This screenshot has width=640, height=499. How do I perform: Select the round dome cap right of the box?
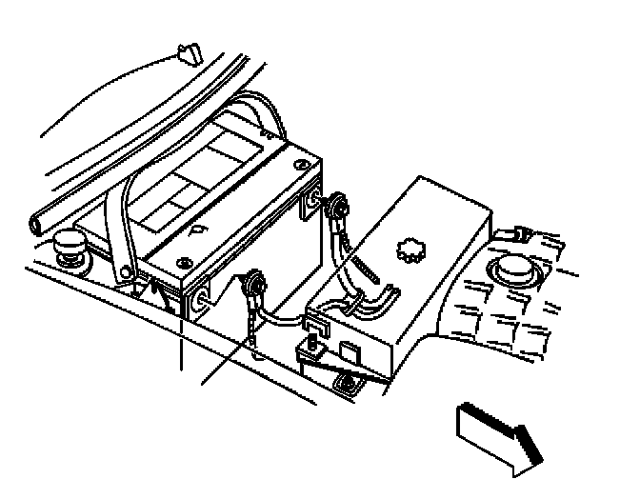click(515, 271)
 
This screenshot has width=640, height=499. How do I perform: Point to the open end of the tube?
click(36, 225)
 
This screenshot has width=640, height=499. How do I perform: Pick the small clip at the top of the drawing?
click(187, 53)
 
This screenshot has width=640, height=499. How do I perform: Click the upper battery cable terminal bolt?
click(336, 204)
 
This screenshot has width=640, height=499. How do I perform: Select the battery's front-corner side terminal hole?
click(202, 300)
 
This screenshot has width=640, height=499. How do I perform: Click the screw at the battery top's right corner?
click(302, 168)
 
